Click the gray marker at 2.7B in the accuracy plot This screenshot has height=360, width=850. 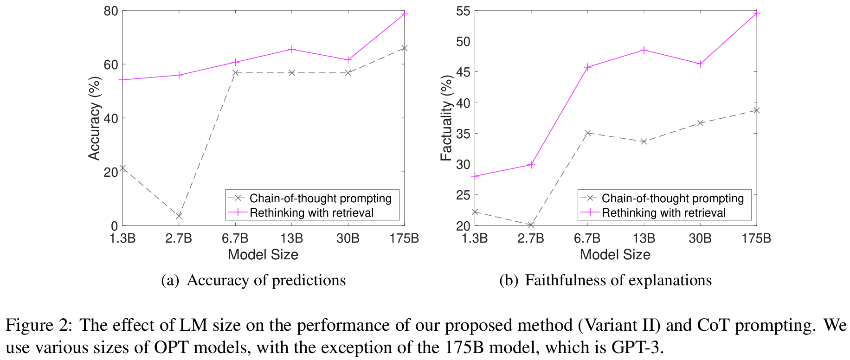click(179, 216)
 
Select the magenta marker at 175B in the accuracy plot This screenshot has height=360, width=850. click(405, 14)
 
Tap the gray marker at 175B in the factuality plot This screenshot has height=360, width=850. click(757, 110)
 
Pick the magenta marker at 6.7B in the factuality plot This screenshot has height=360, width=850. click(587, 67)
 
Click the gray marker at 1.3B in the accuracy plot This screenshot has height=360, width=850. click(123, 168)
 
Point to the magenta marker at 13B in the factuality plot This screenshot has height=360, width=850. click(644, 50)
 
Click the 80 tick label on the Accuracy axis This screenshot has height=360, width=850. click(110, 10)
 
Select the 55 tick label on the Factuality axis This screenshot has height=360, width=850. click(463, 11)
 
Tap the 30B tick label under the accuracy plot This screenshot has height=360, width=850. click(348, 238)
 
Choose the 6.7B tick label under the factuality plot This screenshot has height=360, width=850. click(587, 238)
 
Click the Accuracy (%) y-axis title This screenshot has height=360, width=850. click(94, 118)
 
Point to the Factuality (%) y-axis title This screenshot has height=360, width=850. click(446, 118)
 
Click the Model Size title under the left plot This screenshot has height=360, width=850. click(263, 255)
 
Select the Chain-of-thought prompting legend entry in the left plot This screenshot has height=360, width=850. click(320, 199)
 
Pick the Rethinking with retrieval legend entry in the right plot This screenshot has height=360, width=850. click(663, 213)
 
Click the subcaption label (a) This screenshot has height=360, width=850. click(170, 281)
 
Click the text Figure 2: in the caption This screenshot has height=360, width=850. click(39, 325)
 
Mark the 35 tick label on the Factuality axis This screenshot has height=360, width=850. click(463, 134)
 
